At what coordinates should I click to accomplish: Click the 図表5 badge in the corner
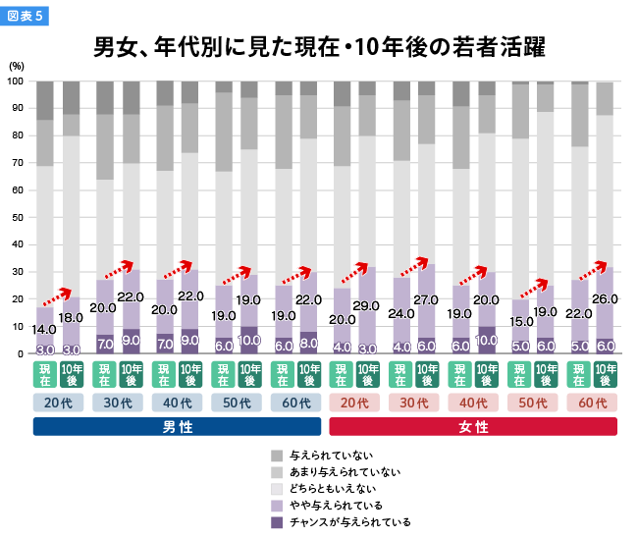(x=25, y=16)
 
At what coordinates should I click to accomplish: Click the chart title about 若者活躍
(x=319, y=47)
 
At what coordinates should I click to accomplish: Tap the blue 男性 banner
(x=177, y=427)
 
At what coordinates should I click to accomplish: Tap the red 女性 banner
(x=472, y=427)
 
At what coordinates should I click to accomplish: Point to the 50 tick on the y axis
(x=17, y=217)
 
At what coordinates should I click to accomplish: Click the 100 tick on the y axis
(x=16, y=81)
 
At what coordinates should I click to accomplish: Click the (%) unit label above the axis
(x=17, y=65)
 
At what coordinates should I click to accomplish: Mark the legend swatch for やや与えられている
(x=277, y=505)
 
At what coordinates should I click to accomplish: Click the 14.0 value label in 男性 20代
(x=44, y=330)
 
